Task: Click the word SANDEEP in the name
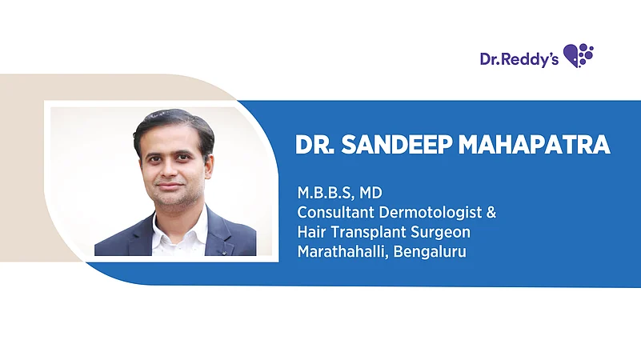[397, 145]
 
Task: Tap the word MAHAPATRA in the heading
[535, 145]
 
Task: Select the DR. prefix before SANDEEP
[314, 145]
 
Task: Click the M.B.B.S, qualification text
[326, 193]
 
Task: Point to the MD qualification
[371, 193]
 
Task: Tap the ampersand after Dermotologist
[491, 213]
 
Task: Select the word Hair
[311, 232]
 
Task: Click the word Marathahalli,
[343, 252]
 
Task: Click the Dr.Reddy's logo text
[519, 60]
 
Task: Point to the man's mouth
[170, 186]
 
